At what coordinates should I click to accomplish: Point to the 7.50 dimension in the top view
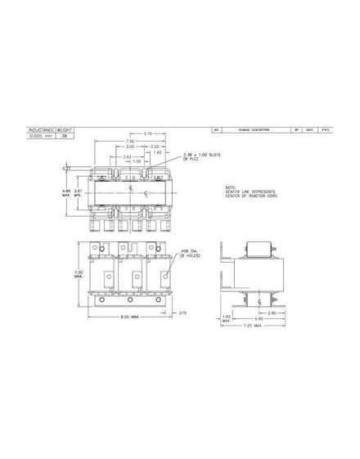click(122, 141)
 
